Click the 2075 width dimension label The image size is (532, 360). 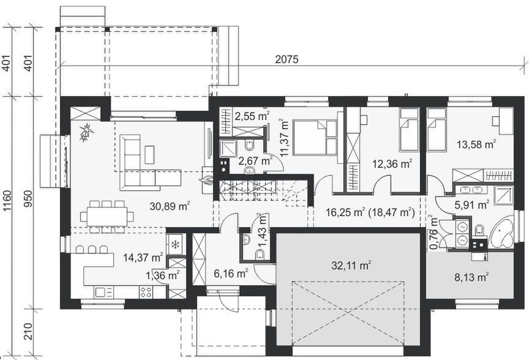tap(287, 59)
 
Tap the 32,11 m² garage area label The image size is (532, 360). tap(351, 266)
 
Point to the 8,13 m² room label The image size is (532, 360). tap(473, 277)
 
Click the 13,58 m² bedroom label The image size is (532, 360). tap(476, 145)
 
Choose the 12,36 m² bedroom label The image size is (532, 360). tap(392, 163)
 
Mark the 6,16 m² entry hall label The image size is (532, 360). tap(230, 273)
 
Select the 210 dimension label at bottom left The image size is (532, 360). tap(7, 336)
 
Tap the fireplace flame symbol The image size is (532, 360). tap(207, 180)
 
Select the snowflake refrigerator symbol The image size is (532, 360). tap(175, 245)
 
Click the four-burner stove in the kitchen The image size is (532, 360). tap(146, 293)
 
